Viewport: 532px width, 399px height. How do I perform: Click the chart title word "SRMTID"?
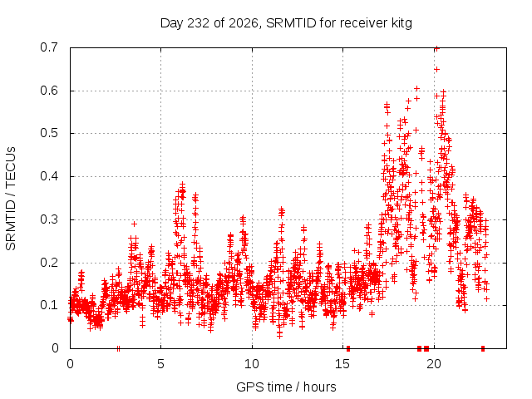click(x=291, y=23)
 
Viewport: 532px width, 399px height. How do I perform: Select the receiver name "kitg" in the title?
click(x=401, y=24)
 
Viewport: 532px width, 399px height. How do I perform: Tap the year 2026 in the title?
click(x=244, y=23)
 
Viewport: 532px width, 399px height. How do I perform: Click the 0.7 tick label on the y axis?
click(x=49, y=47)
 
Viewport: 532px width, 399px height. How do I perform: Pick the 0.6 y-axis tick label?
click(x=49, y=91)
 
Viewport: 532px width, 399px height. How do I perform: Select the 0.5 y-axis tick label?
click(x=49, y=133)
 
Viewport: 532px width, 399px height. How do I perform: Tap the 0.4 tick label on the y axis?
click(x=49, y=176)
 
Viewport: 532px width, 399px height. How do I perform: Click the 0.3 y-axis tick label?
click(x=49, y=219)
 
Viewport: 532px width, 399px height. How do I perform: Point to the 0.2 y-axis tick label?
click(x=49, y=263)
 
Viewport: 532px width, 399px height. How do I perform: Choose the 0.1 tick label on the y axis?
click(x=49, y=305)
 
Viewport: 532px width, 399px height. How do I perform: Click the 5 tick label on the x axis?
click(x=160, y=364)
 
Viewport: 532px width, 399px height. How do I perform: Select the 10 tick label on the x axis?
click(x=251, y=364)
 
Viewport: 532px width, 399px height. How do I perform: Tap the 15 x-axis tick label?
click(x=342, y=364)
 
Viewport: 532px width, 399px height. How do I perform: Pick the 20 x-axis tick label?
click(x=434, y=364)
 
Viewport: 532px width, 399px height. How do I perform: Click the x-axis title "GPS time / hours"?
click(x=286, y=387)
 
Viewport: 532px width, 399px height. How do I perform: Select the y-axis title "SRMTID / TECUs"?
click(x=11, y=199)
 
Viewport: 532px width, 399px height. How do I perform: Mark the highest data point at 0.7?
click(x=437, y=48)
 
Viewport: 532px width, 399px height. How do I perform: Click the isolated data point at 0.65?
click(x=437, y=69)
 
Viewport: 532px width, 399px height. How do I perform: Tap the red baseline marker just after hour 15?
click(x=348, y=348)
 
